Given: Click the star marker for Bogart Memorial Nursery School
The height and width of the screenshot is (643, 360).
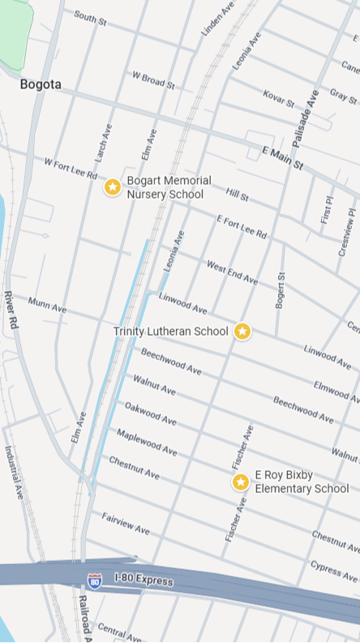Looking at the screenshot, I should [113, 187].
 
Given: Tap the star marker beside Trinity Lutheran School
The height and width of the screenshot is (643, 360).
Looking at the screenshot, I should [242, 331].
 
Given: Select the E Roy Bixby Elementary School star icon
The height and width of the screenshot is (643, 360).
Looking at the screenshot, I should [241, 482].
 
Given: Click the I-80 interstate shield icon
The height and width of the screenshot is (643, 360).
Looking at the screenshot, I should [95, 581].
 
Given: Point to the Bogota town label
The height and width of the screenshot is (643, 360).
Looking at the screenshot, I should [41, 84].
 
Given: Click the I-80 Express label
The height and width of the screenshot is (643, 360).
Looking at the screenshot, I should [144, 581].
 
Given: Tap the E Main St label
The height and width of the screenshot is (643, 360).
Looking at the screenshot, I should [282, 158].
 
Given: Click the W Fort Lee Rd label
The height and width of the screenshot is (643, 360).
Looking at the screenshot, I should [71, 169].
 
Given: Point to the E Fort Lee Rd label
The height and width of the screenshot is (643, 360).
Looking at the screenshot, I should [242, 226].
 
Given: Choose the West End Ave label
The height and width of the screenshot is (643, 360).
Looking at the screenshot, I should [232, 272].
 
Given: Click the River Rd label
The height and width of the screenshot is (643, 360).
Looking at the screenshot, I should [11, 309].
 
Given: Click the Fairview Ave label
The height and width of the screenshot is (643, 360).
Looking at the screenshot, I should [126, 523].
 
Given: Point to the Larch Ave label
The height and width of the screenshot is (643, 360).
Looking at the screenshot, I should [103, 141].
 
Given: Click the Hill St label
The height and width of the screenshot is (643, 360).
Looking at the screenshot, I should [238, 194].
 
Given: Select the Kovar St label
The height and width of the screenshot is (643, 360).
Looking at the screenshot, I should [278, 99].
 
